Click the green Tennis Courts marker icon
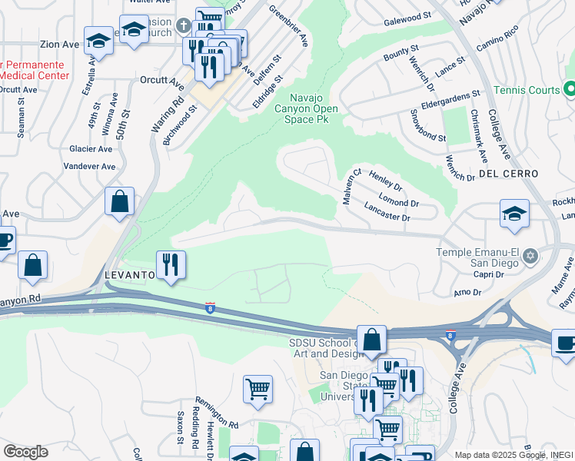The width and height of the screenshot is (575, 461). (570, 90)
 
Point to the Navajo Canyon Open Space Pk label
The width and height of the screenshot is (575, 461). (314, 108)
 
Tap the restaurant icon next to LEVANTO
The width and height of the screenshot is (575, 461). (171, 265)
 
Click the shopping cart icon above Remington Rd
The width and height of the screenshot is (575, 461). (258, 388)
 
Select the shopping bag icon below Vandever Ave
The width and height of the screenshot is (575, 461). (120, 202)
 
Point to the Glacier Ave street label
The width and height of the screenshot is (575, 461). (90, 149)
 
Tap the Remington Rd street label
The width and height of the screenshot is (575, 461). (217, 413)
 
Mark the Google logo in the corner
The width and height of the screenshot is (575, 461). (25, 452)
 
